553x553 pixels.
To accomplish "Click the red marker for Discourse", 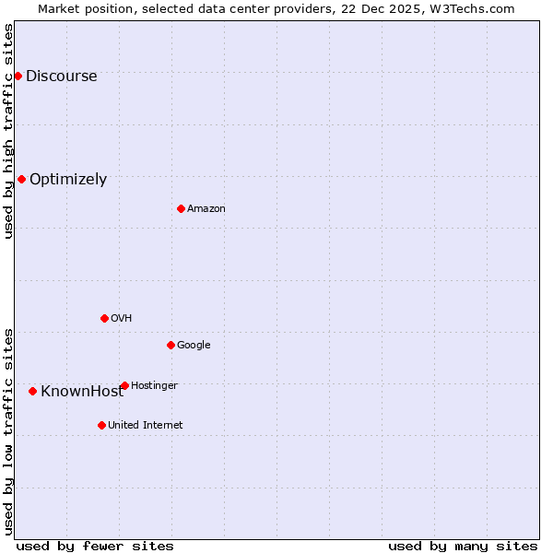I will [18, 76].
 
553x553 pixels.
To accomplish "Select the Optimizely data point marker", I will [21, 179].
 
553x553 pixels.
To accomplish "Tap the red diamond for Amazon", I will [181, 208].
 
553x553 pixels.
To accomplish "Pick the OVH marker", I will [104, 318].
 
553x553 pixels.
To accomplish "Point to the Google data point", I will [171, 345].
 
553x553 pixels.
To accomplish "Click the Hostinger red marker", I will [124, 385].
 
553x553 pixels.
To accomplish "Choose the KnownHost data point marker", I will [32, 391].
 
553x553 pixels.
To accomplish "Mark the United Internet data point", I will [101, 425].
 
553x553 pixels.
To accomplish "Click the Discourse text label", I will [61, 76].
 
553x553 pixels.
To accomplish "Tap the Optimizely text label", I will [68, 180].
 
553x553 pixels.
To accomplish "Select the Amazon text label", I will [206, 209].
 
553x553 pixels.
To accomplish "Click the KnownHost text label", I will [81, 392].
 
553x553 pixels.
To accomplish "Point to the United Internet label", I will [146, 426].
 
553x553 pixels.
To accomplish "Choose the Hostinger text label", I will [154, 385].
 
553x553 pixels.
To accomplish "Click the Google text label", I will [194, 346].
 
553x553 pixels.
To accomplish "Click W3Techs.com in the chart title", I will [473, 8].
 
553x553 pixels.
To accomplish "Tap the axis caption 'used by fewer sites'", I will [95, 546].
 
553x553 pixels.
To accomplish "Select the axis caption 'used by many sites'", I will [463, 546].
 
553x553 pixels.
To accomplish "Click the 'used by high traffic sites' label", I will [9, 131].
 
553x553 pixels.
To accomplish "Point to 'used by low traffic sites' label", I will [9, 431].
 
